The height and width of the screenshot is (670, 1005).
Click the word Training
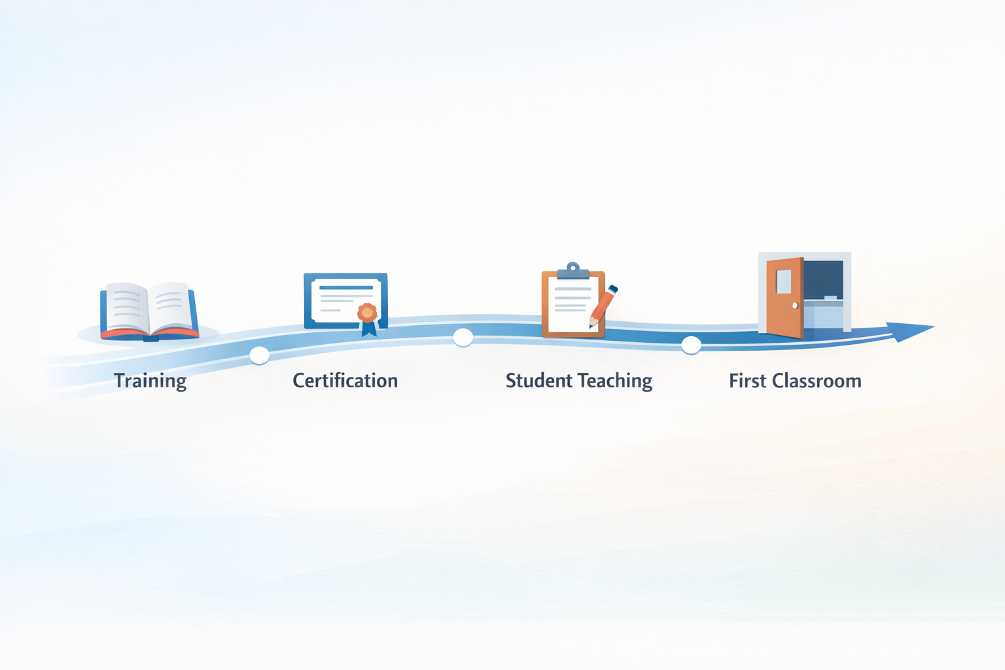(x=150, y=381)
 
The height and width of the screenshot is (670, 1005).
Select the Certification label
(x=345, y=381)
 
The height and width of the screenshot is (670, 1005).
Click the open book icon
(x=149, y=311)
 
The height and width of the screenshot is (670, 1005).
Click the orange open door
(x=785, y=298)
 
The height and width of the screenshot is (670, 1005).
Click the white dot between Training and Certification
(x=259, y=355)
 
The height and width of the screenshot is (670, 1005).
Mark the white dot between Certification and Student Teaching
(x=463, y=338)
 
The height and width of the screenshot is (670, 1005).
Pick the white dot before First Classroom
(x=691, y=345)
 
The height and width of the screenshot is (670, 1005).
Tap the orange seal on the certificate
(x=367, y=313)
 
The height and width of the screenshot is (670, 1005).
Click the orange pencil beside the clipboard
(x=603, y=306)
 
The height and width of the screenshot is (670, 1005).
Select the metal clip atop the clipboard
(x=573, y=271)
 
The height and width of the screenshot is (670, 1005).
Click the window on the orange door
(x=783, y=281)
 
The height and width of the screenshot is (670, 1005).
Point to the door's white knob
(x=795, y=306)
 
